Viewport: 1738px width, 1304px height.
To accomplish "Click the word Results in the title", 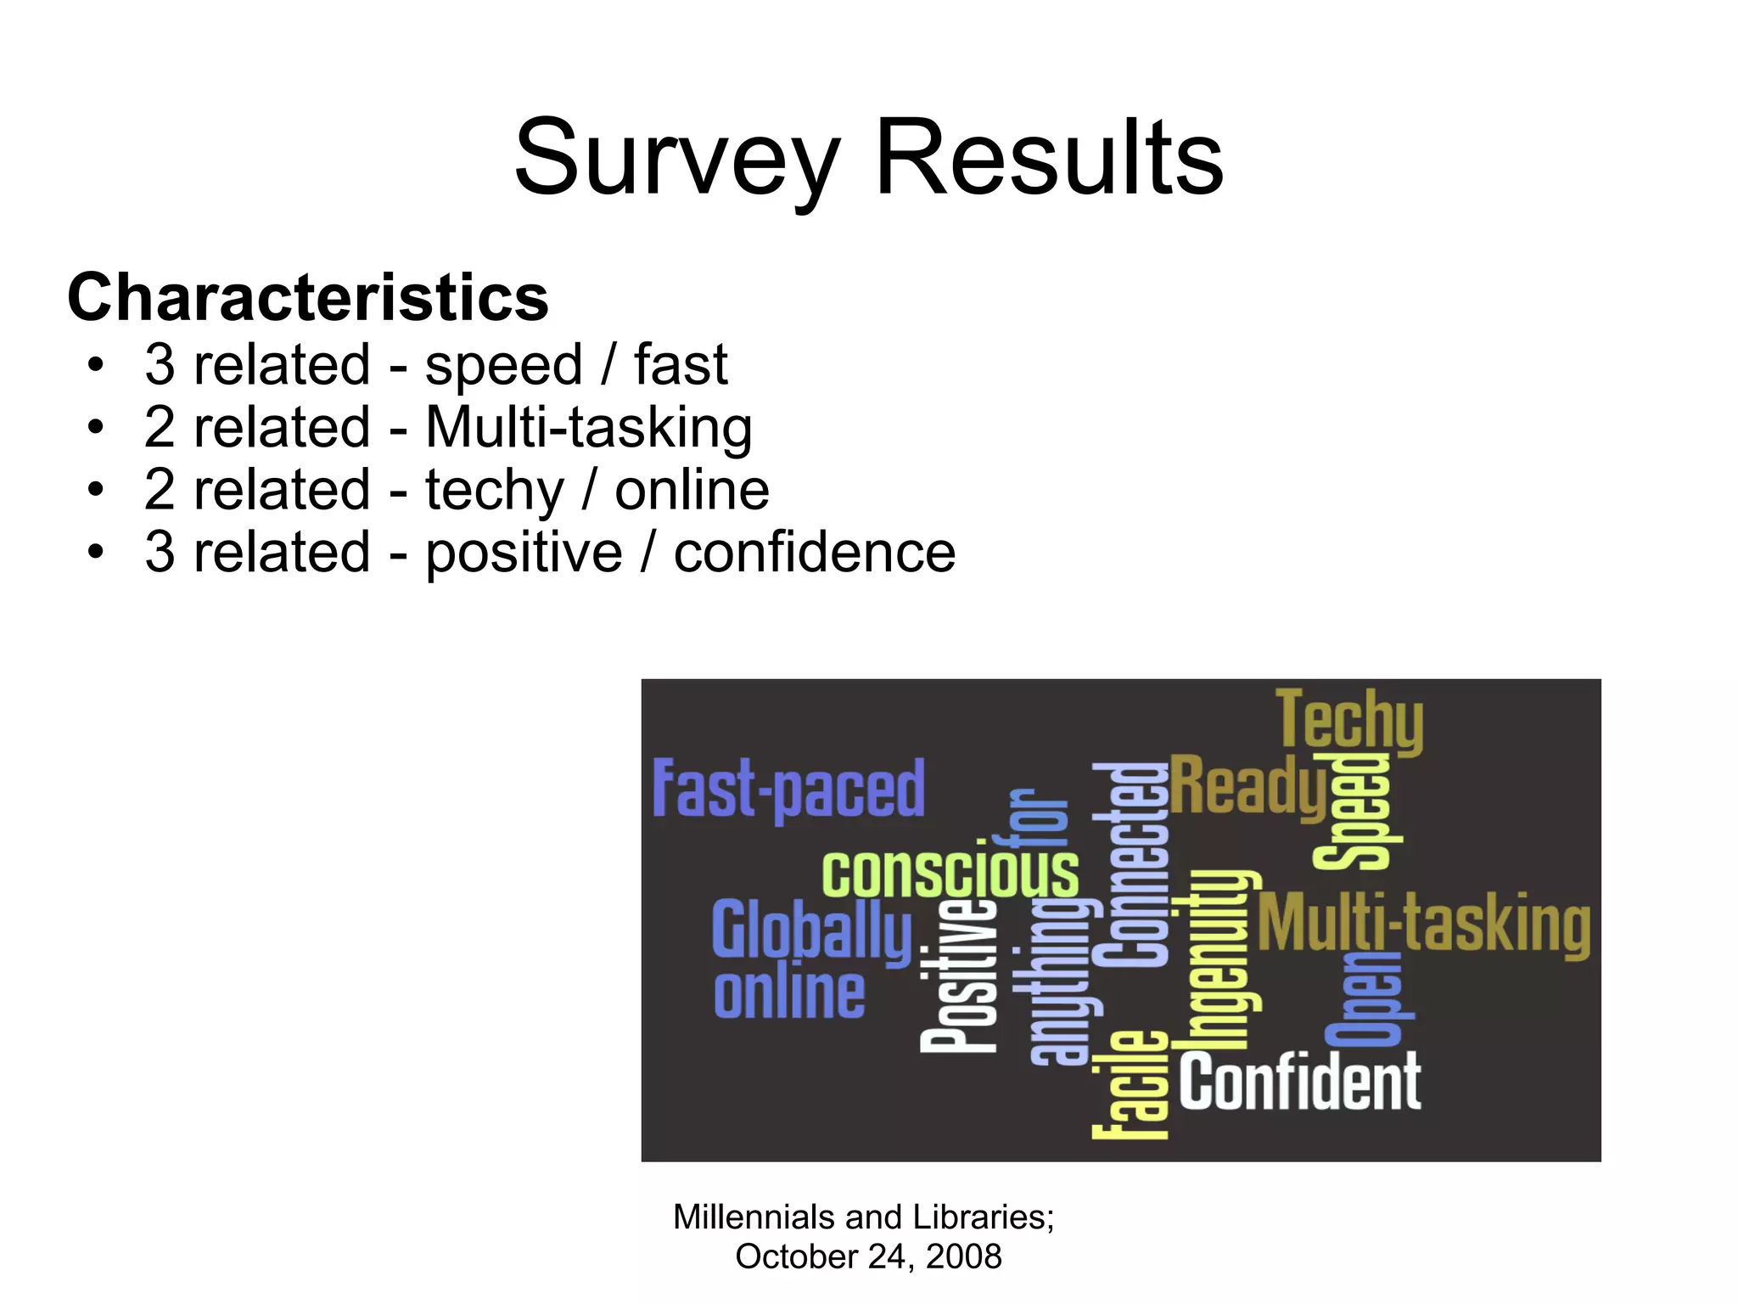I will point(1049,159).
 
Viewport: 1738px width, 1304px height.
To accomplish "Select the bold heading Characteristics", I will point(308,298).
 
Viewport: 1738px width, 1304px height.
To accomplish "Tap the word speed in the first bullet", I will point(503,365).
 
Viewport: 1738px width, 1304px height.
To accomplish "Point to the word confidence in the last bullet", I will point(814,553).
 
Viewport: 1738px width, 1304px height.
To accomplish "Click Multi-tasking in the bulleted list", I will point(588,427).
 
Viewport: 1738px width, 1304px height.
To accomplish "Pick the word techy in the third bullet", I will point(494,491).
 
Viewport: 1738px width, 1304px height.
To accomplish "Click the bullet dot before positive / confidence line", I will point(95,553).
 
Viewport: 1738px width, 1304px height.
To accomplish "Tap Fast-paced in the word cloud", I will point(788,790).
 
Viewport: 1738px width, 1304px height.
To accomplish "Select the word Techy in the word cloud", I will point(1349,721).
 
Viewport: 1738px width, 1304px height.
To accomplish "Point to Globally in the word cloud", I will point(811,932).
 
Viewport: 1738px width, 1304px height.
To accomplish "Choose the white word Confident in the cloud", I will point(1299,1082).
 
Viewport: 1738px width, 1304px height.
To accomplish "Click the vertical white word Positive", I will point(959,976).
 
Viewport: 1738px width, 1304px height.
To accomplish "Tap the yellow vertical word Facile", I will point(1130,1085).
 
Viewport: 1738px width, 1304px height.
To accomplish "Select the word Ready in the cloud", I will point(1247,785).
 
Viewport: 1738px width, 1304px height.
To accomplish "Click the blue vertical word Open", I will point(1367,998).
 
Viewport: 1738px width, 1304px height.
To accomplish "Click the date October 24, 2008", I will point(868,1256).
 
